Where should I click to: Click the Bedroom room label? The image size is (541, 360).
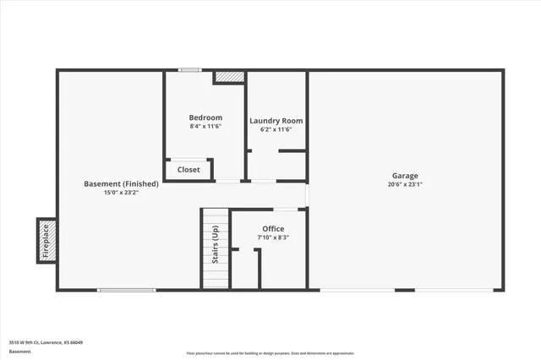click(x=205, y=117)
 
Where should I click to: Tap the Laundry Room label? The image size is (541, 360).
click(x=276, y=121)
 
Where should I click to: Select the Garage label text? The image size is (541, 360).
click(x=404, y=176)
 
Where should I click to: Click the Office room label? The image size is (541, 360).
click(x=273, y=229)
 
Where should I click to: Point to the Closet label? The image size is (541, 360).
click(x=189, y=170)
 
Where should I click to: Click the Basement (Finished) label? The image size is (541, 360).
click(x=121, y=184)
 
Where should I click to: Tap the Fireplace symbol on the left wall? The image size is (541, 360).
click(x=47, y=240)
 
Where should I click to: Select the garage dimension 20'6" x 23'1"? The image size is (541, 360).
click(x=404, y=184)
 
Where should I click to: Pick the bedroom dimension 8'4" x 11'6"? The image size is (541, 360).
click(x=205, y=126)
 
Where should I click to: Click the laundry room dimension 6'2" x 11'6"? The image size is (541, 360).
click(x=276, y=129)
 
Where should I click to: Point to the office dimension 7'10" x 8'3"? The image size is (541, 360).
click(x=273, y=237)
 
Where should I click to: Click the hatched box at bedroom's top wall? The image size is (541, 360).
click(x=228, y=77)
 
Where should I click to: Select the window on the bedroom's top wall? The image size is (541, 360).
click(x=189, y=70)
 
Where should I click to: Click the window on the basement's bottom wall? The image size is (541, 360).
click(x=127, y=291)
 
